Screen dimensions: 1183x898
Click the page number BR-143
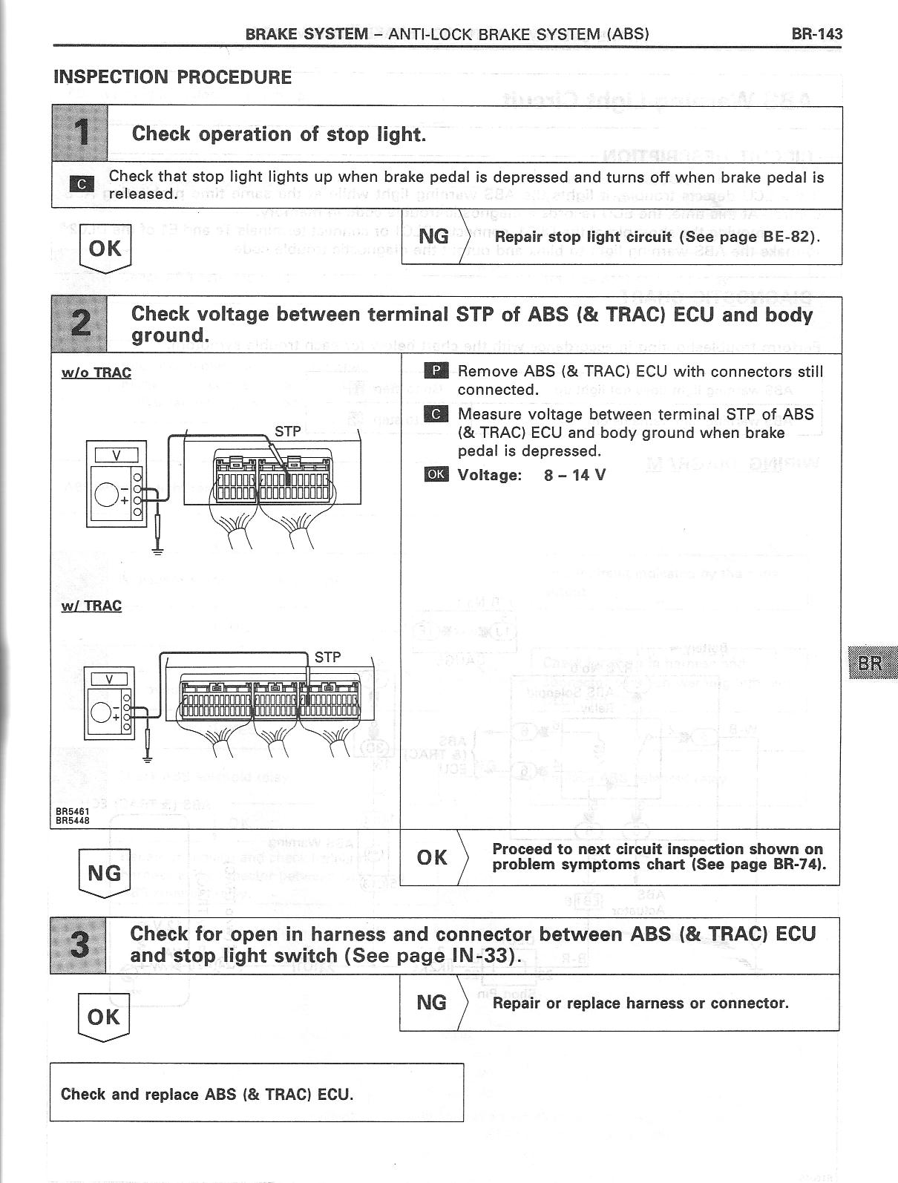816,33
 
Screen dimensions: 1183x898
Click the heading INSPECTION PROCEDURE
172,77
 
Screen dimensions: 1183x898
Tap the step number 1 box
80,134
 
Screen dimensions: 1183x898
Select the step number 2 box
79,324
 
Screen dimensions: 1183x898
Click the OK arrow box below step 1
105,248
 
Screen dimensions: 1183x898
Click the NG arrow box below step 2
104,874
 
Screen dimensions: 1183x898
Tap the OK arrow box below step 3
104,1017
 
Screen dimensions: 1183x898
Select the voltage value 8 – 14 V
574,475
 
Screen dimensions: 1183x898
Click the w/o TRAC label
96,373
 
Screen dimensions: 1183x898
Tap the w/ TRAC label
91,606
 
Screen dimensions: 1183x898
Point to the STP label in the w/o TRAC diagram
288,431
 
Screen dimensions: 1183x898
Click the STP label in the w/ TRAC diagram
327,657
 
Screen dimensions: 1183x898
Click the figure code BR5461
72,813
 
